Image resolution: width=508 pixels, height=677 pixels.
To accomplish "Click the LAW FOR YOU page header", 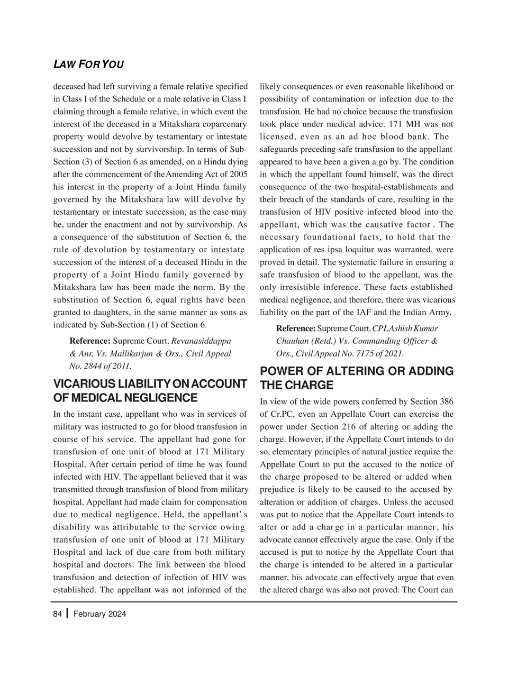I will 88,65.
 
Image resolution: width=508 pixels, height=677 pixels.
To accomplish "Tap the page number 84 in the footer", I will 58,614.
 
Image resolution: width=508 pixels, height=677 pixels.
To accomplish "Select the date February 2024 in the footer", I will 100,614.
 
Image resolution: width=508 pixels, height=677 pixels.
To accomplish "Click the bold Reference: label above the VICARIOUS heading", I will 90,340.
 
